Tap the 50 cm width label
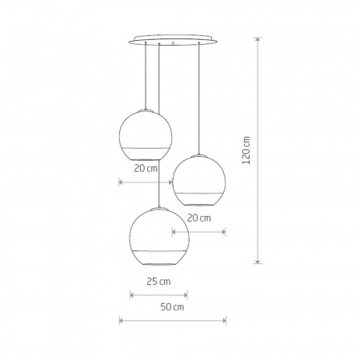[174, 307]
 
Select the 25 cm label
[159, 282]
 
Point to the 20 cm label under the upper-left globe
[146, 170]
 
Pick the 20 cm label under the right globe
[198, 218]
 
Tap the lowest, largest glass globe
[158, 238]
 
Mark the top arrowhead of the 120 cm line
[258, 39]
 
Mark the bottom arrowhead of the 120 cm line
[258, 262]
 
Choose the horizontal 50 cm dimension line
[173, 322]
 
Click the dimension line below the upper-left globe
[146, 183]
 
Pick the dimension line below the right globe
[199, 232]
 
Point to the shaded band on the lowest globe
[158, 256]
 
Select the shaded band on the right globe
[199, 197]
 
